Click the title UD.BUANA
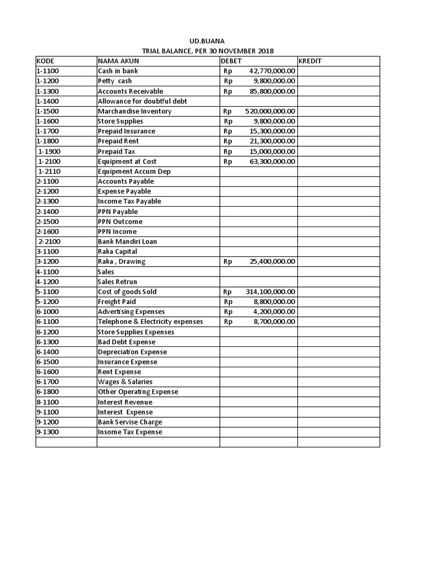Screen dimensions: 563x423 pos(207,41)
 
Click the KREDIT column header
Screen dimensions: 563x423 pos(310,61)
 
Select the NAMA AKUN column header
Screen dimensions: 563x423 pos(118,61)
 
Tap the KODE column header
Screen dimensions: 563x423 pos(45,61)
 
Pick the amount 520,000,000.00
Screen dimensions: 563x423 pos(270,111)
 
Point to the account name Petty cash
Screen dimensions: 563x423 pos(115,81)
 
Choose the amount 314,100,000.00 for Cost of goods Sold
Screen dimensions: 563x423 pos(270,292)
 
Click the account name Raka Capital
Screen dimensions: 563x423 pos(117,251)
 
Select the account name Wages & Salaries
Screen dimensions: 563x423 pos(125,382)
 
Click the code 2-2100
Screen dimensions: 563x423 pos(49,241)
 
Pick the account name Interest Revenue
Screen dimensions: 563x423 pos(125,402)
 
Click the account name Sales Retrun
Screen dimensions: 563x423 pos(117,281)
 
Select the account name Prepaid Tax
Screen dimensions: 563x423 pos(116,151)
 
